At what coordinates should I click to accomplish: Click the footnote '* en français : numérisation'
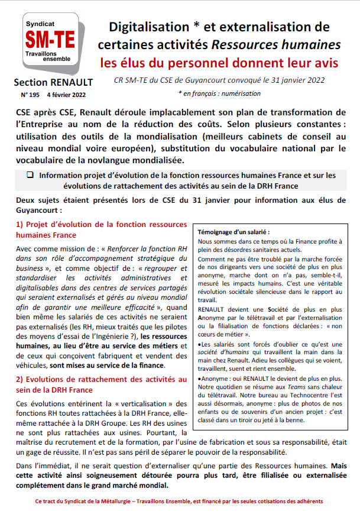pos(218,93)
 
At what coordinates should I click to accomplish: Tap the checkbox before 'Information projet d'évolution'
pos(30,175)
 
